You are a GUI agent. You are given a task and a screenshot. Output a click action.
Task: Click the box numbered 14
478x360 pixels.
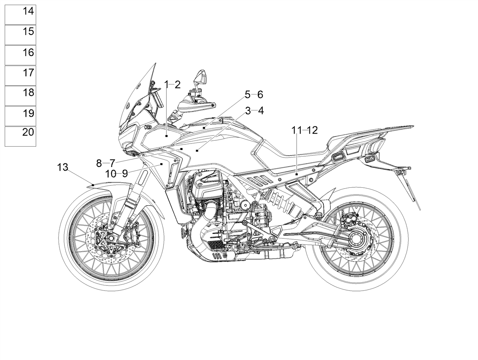coord(20,15)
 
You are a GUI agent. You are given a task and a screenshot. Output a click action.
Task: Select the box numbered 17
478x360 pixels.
coord(20,76)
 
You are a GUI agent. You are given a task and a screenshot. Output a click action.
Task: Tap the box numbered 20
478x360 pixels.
coord(20,136)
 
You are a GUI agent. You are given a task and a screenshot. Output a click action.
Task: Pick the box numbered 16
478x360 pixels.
coord(20,55)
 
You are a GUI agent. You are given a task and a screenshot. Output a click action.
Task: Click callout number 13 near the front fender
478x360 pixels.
coord(63,167)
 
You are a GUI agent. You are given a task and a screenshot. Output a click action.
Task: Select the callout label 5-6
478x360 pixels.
coord(254,94)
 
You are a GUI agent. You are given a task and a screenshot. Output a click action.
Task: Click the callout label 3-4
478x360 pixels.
coord(255,111)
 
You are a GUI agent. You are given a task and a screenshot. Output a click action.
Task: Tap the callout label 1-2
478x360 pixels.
coord(172,85)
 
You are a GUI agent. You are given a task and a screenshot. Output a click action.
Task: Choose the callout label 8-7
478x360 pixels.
coord(106,163)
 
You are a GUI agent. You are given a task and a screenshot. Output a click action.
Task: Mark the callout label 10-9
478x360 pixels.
coord(116,174)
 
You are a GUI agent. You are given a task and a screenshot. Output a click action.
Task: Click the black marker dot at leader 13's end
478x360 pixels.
coord(93,185)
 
